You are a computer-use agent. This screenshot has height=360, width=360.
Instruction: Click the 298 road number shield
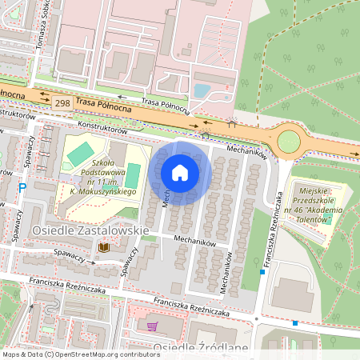point(61,103)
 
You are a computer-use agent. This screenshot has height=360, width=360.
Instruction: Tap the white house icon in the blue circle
point(180,172)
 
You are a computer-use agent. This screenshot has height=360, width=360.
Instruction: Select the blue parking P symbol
point(22,188)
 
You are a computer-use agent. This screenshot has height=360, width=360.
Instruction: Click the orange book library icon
point(103,249)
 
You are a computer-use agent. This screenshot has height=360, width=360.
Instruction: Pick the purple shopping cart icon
point(153,326)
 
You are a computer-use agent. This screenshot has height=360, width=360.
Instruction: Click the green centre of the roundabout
point(288,142)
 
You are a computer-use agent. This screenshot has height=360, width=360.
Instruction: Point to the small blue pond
point(202,91)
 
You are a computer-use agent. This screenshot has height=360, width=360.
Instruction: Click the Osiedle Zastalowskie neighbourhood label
point(90,230)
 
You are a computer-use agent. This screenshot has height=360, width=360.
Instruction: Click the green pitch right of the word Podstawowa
point(134,174)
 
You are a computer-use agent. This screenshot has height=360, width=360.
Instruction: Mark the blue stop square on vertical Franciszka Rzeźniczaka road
point(262,273)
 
